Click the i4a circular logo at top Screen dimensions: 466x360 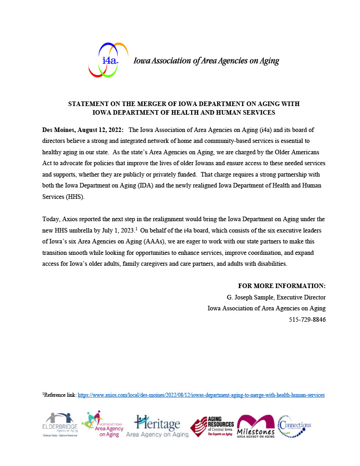tap(108, 60)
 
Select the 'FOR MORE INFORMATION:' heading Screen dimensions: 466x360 tap(282, 286)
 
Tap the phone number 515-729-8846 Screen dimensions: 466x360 tap(307, 319)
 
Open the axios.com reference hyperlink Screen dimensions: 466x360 tap(201, 395)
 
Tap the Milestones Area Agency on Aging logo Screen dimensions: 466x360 tap(256, 426)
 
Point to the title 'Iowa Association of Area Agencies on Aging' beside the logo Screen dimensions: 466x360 tap(206, 61)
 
